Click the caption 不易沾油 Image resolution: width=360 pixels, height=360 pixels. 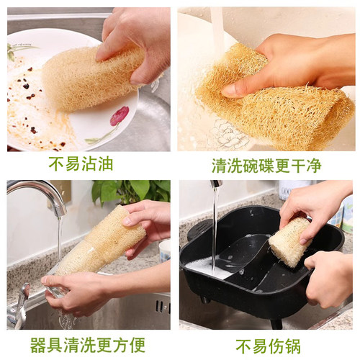81,164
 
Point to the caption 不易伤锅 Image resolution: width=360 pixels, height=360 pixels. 268,345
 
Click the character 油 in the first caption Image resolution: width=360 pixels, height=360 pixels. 105,164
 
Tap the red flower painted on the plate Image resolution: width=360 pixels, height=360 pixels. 119,115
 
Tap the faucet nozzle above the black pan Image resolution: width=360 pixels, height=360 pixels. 216,184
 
